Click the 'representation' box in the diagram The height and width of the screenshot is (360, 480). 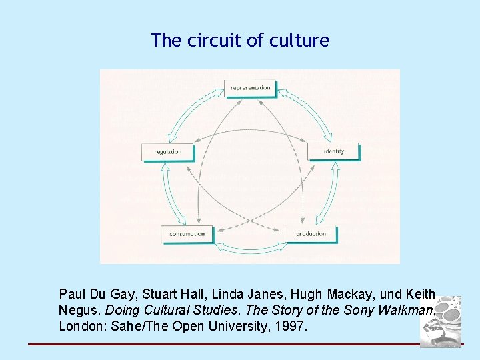[x=250, y=88]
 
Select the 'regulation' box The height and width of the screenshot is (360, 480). [x=168, y=152]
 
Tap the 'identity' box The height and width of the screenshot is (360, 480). [x=333, y=151]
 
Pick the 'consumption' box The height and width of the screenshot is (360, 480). [x=187, y=234]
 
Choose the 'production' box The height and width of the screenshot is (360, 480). [x=311, y=234]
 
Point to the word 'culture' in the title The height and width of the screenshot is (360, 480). [x=299, y=41]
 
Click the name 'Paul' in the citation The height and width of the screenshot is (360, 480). [x=72, y=294]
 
